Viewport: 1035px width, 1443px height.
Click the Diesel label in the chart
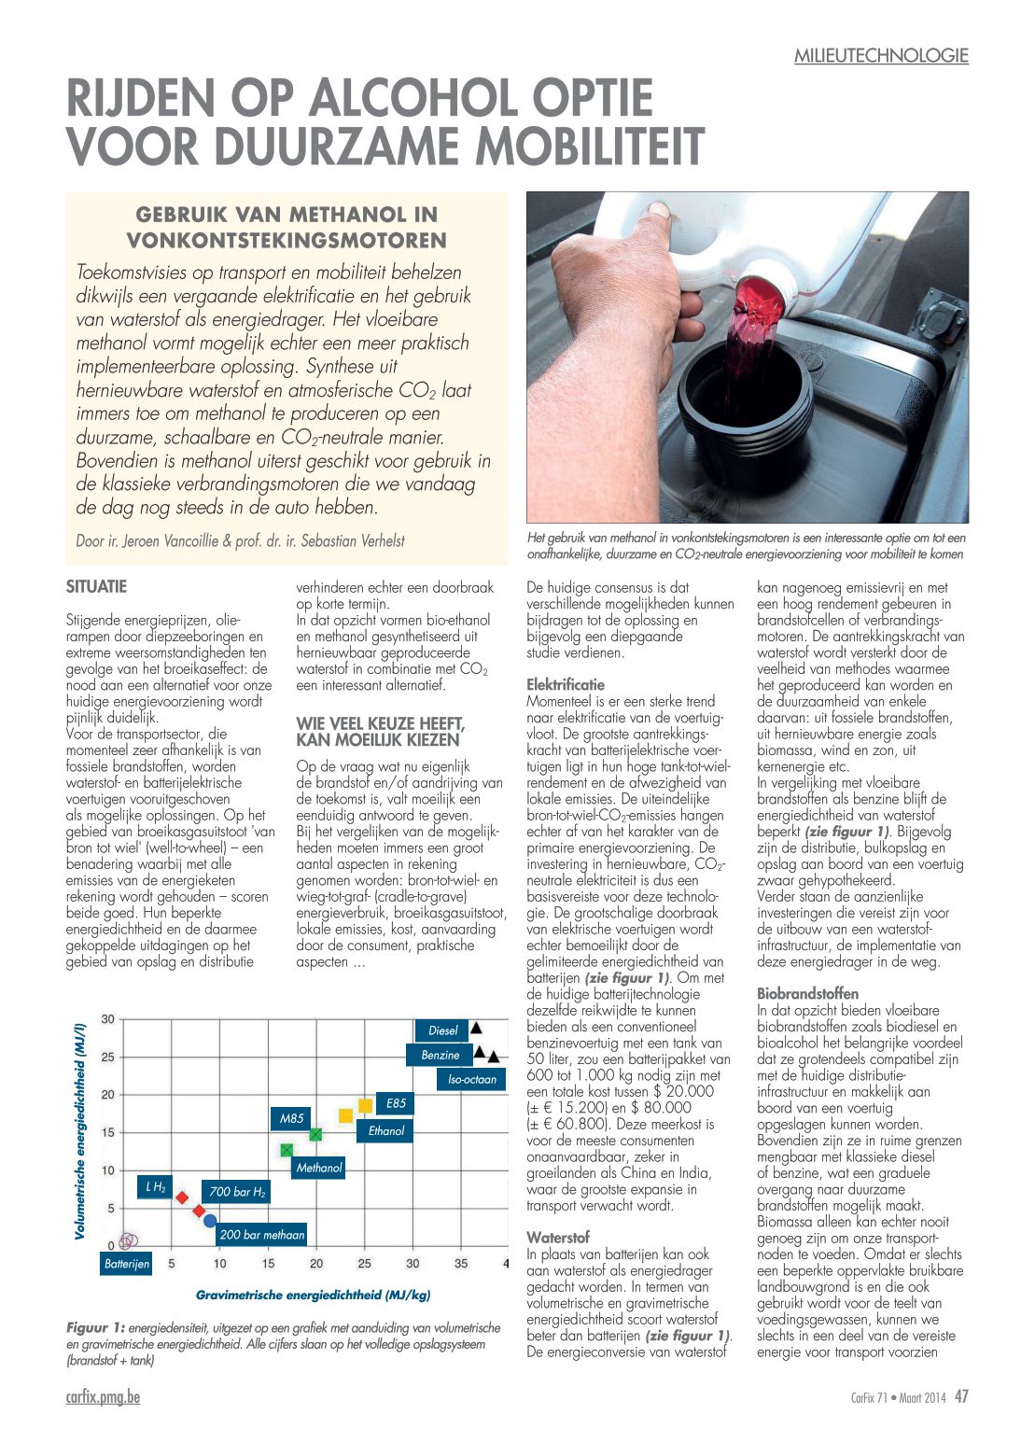tap(443, 1030)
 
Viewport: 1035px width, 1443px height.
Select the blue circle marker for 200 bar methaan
tap(210, 1221)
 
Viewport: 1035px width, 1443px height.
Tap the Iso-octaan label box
tap(471, 1080)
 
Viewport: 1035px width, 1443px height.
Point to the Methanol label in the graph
tap(319, 1168)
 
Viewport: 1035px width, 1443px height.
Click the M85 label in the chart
tap(291, 1118)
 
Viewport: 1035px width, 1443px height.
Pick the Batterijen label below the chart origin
tap(127, 1264)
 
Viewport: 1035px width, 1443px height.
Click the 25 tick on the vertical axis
tap(108, 1058)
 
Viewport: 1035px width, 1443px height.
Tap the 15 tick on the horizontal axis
tap(268, 1264)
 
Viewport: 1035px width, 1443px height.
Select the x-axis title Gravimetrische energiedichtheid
tap(313, 1295)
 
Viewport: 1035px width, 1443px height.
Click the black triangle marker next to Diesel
tap(476, 1028)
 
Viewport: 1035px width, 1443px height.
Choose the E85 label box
tap(396, 1103)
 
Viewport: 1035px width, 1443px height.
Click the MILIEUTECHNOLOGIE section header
tap(881, 56)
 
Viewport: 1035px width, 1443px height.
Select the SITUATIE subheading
tap(96, 587)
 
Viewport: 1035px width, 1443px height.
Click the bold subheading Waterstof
tap(558, 1238)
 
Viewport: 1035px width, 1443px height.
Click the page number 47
tap(961, 1397)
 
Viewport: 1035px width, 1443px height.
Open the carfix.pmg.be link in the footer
tap(104, 1397)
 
